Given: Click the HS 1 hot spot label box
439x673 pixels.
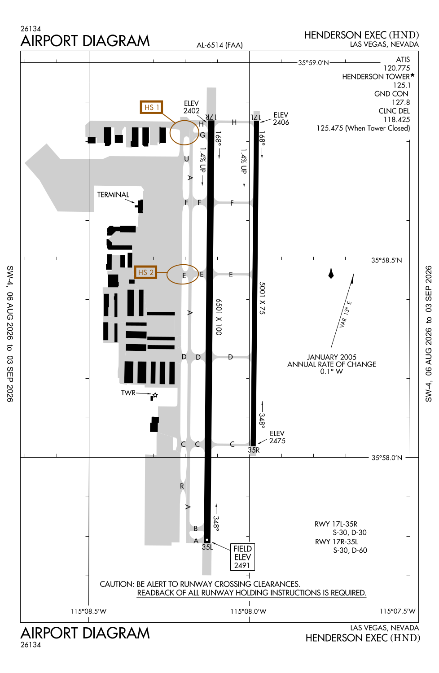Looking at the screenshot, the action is click(152, 107).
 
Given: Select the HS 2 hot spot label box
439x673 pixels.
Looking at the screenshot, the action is click(145, 272).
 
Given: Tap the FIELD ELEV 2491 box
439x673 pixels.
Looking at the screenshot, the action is click(242, 557).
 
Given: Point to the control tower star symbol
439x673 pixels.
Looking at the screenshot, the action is click(155, 395).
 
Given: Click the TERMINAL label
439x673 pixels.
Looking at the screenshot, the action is click(113, 195).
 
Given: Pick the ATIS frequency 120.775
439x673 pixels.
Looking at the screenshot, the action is click(397, 68).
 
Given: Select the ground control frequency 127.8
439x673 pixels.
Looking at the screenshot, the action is click(401, 102).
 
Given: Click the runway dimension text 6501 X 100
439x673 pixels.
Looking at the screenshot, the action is click(219, 317).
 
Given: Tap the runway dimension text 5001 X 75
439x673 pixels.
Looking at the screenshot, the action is click(262, 298).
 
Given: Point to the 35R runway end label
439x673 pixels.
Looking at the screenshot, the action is click(254, 450).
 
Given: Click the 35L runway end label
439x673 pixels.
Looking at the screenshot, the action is click(207, 547).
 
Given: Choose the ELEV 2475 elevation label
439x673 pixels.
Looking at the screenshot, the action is click(277, 437).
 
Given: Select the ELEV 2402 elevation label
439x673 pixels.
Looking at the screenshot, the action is click(192, 107).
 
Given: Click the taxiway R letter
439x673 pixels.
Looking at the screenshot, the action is click(182, 486).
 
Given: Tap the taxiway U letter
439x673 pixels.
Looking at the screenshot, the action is click(186, 159).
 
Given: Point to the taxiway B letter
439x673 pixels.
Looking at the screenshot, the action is click(195, 529).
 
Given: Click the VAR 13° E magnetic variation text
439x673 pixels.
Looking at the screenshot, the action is click(346, 314).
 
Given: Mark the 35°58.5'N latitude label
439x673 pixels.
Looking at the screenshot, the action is click(386, 260).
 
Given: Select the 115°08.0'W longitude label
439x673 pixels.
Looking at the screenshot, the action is click(248, 611).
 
